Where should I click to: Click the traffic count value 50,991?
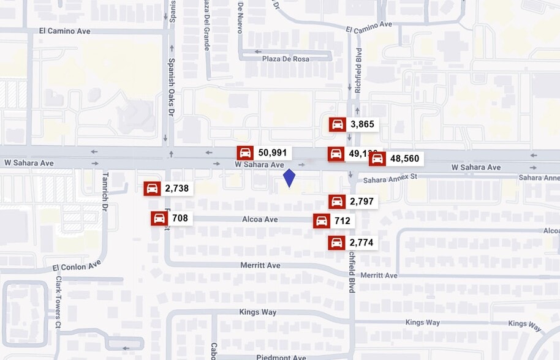(x=273, y=153)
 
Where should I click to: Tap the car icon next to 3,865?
(x=337, y=124)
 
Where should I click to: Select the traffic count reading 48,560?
(x=404, y=159)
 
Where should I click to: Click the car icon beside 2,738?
(x=152, y=189)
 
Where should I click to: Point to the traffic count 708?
(x=180, y=219)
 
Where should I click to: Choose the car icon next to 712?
(x=321, y=221)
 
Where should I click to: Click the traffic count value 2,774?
(x=361, y=243)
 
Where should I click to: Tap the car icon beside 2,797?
(x=336, y=201)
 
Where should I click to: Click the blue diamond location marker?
(x=289, y=178)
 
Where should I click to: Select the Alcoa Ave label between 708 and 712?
(x=260, y=219)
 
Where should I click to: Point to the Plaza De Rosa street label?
(x=286, y=59)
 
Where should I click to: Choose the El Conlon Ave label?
(x=77, y=267)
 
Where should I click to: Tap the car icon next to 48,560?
(x=377, y=159)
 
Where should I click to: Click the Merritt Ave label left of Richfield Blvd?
(x=260, y=265)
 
